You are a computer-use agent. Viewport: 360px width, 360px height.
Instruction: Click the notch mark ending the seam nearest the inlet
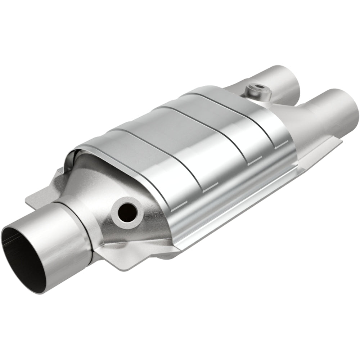(175, 208)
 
